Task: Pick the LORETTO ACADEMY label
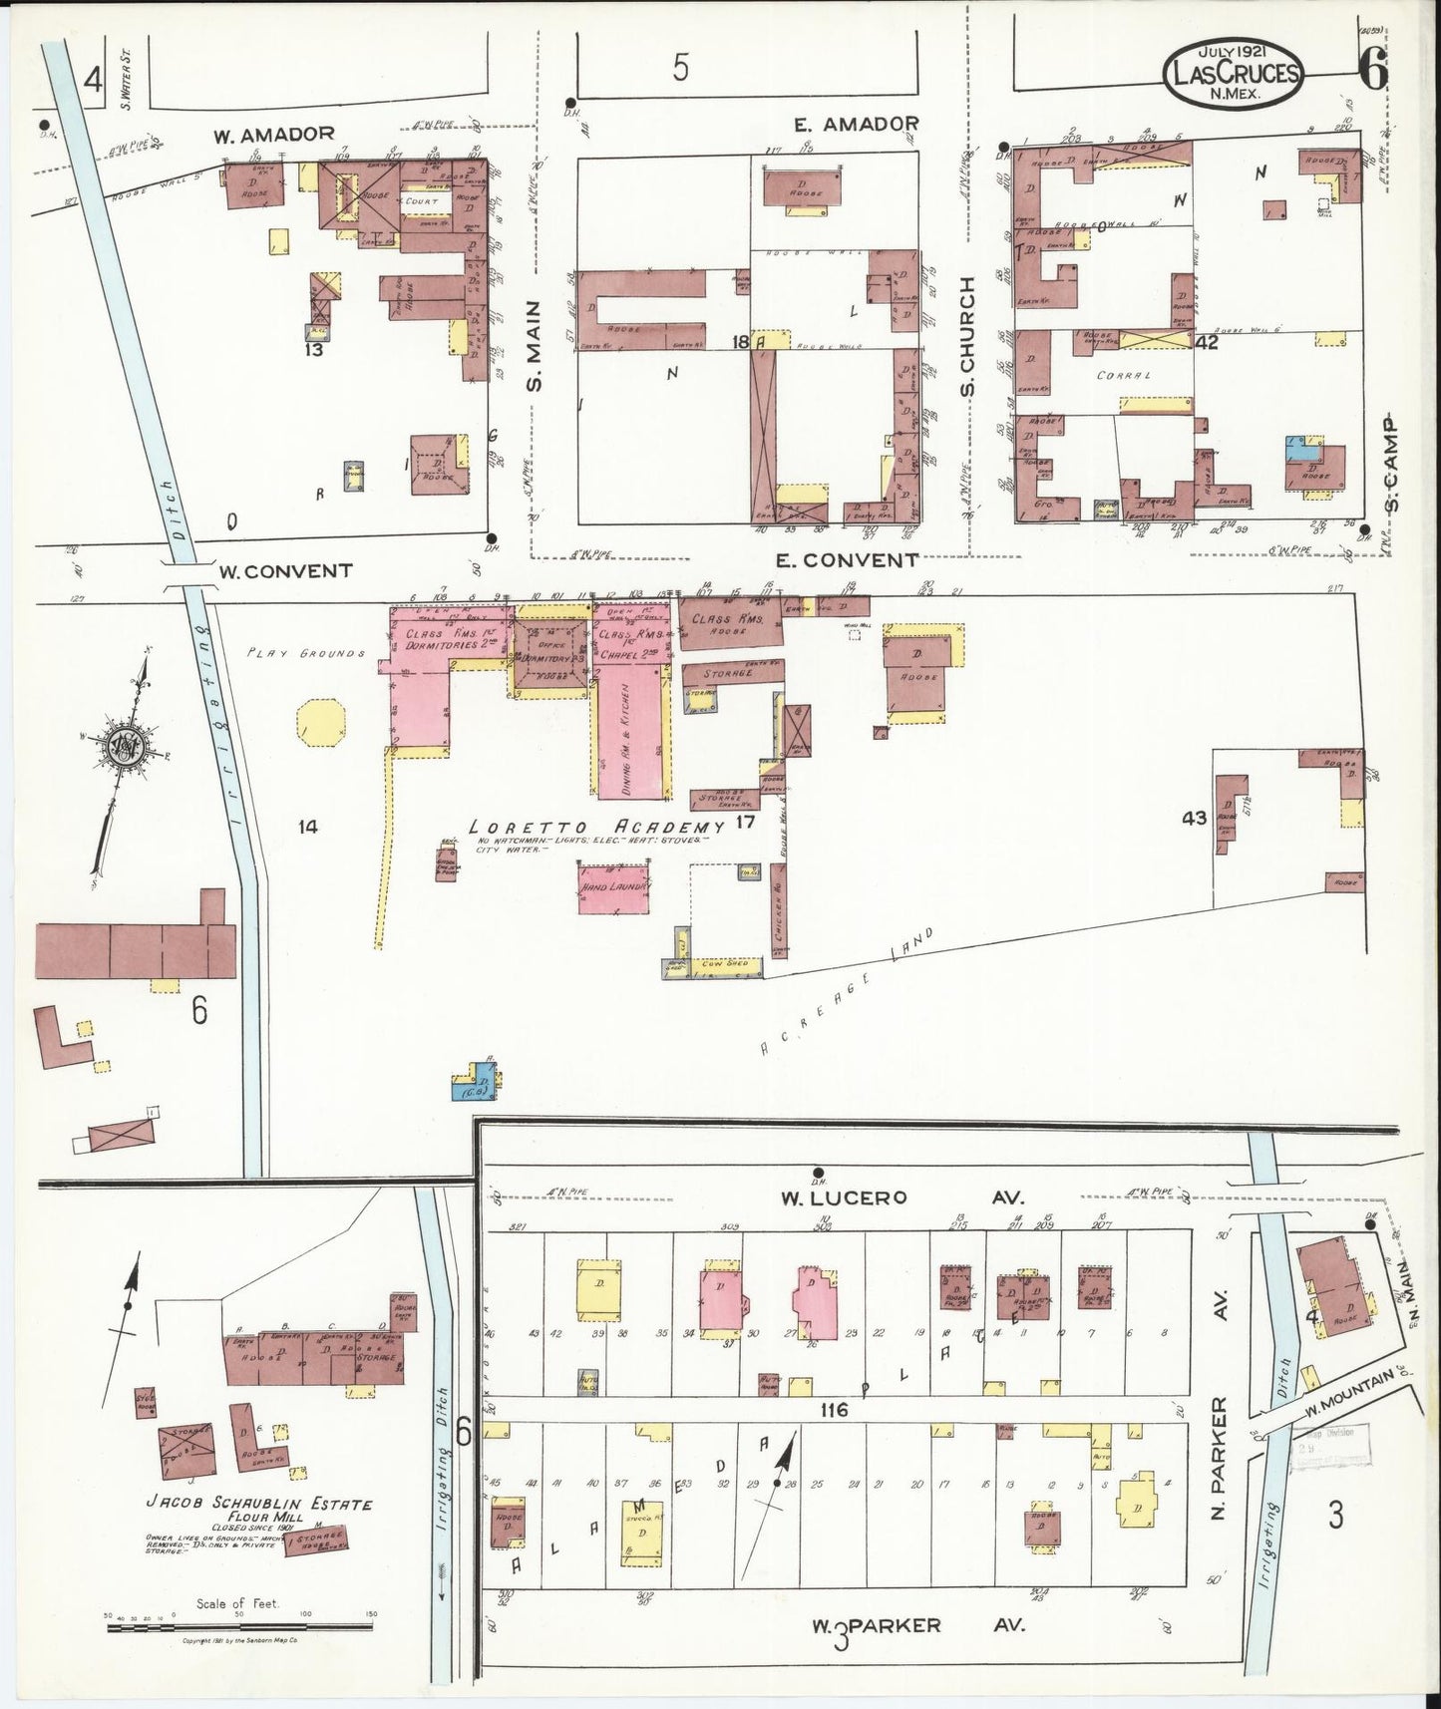point(596,828)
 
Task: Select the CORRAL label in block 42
point(1125,377)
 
